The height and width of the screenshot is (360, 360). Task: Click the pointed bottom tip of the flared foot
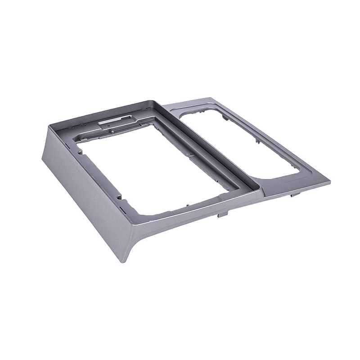(x=127, y=262)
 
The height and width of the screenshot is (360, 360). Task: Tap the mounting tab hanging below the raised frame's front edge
(x=220, y=216)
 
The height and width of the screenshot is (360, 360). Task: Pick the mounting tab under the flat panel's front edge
(x=292, y=195)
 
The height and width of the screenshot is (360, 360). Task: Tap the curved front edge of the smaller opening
(x=279, y=178)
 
